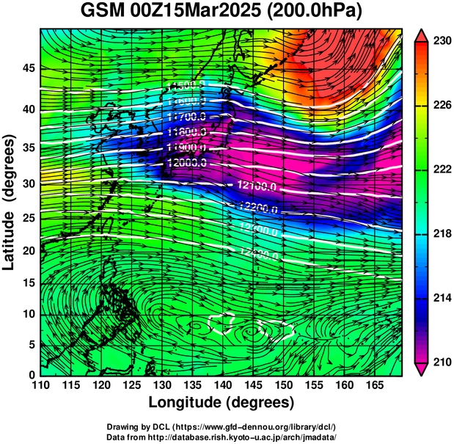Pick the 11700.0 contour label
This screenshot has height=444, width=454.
pyautogui.click(x=186, y=117)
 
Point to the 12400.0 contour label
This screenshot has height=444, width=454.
pyautogui.click(x=258, y=255)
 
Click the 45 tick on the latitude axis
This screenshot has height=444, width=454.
pyautogui.click(x=27, y=68)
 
